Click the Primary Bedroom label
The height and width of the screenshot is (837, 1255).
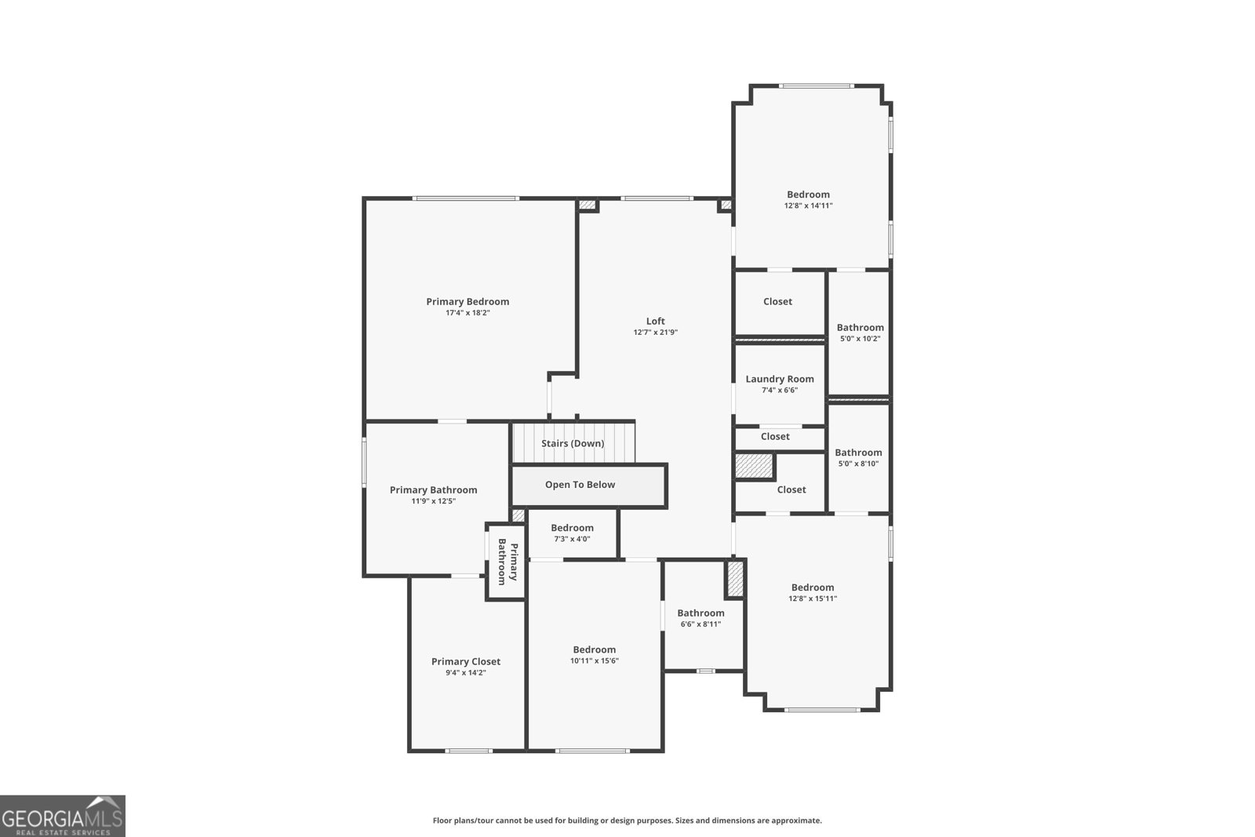[467, 302]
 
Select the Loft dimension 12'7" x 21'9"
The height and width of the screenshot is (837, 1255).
[655, 333]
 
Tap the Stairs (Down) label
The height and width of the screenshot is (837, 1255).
[573, 444]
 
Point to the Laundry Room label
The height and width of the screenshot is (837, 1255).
[780, 380]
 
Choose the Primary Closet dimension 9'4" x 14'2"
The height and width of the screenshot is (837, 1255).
[465, 673]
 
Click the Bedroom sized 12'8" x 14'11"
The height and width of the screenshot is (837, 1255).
[808, 199]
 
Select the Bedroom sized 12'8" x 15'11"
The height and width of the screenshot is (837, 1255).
[813, 592]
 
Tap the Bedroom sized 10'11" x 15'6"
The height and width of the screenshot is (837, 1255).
[594, 654]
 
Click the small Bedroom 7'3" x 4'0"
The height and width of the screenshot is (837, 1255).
[572, 533]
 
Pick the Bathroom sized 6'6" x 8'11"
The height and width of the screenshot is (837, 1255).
[700, 618]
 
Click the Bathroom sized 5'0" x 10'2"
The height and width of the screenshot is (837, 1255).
[860, 333]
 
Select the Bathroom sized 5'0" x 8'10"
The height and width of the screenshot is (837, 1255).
[858, 457]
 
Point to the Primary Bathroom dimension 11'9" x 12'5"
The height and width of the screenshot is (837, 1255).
[433, 501]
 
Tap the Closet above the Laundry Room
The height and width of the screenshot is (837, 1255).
[777, 302]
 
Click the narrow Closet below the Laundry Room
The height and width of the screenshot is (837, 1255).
[775, 437]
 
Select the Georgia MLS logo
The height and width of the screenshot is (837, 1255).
[63, 816]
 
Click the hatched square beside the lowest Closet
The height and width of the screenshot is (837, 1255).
[754, 467]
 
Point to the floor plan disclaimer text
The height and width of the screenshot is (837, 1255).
[627, 821]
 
